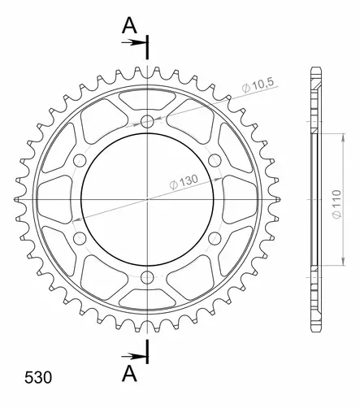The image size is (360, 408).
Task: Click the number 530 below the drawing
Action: (33, 378)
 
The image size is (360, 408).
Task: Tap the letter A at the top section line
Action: (128, 26)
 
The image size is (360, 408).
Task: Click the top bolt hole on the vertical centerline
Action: (147, 121)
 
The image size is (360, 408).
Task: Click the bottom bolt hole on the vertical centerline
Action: (147, 278)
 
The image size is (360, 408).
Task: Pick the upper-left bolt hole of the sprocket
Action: (80, 160)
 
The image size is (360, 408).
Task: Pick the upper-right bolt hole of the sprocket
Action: (215, 160)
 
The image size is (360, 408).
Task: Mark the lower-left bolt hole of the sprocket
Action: (80, 238)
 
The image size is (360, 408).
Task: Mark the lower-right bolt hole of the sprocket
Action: (215, 238)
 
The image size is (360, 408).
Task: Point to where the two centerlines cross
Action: (147, 199)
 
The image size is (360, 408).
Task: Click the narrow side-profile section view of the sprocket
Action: (314, 199)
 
